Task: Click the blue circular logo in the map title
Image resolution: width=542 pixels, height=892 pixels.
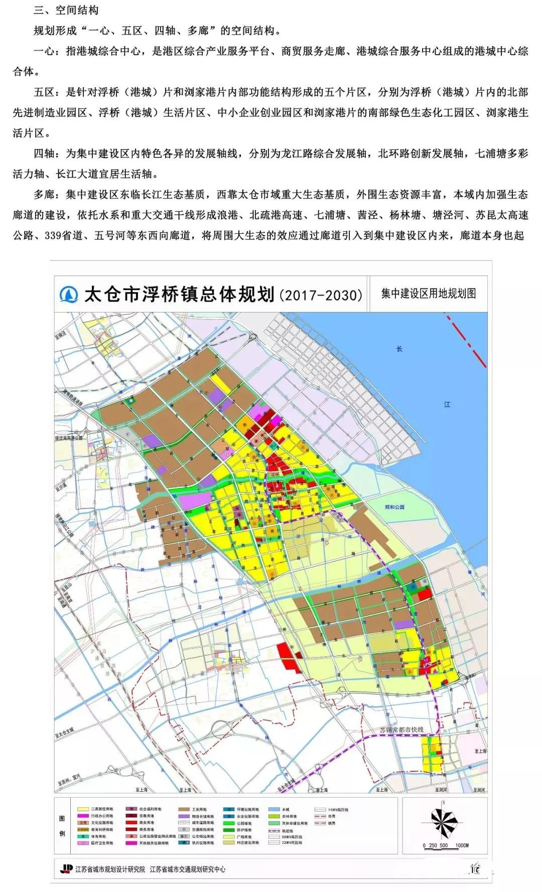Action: click(x=69, y=294)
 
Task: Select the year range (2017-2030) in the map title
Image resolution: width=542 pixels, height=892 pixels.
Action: click(x=321, y=294)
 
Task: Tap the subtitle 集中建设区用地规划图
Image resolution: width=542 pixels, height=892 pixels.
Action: click(x=428, y=293)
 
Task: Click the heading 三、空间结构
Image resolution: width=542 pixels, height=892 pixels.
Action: click(x=66, y=10)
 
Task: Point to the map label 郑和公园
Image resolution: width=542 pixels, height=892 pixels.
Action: click(x=394, y=508)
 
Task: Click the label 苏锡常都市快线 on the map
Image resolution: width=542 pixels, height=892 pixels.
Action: click(x=401, y=730)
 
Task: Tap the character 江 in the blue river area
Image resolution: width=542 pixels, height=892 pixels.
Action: click(x=447, y=404)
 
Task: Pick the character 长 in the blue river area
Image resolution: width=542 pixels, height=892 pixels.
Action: click(x=399, y=349)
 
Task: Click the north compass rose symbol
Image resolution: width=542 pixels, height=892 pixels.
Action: click(x=444, y=821)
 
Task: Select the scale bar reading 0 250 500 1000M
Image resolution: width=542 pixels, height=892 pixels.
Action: click(x=445, y=845)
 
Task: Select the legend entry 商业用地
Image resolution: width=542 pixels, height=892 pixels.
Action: click(x=147, y=823)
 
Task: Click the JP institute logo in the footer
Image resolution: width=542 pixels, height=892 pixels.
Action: click(x=66, y=869)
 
